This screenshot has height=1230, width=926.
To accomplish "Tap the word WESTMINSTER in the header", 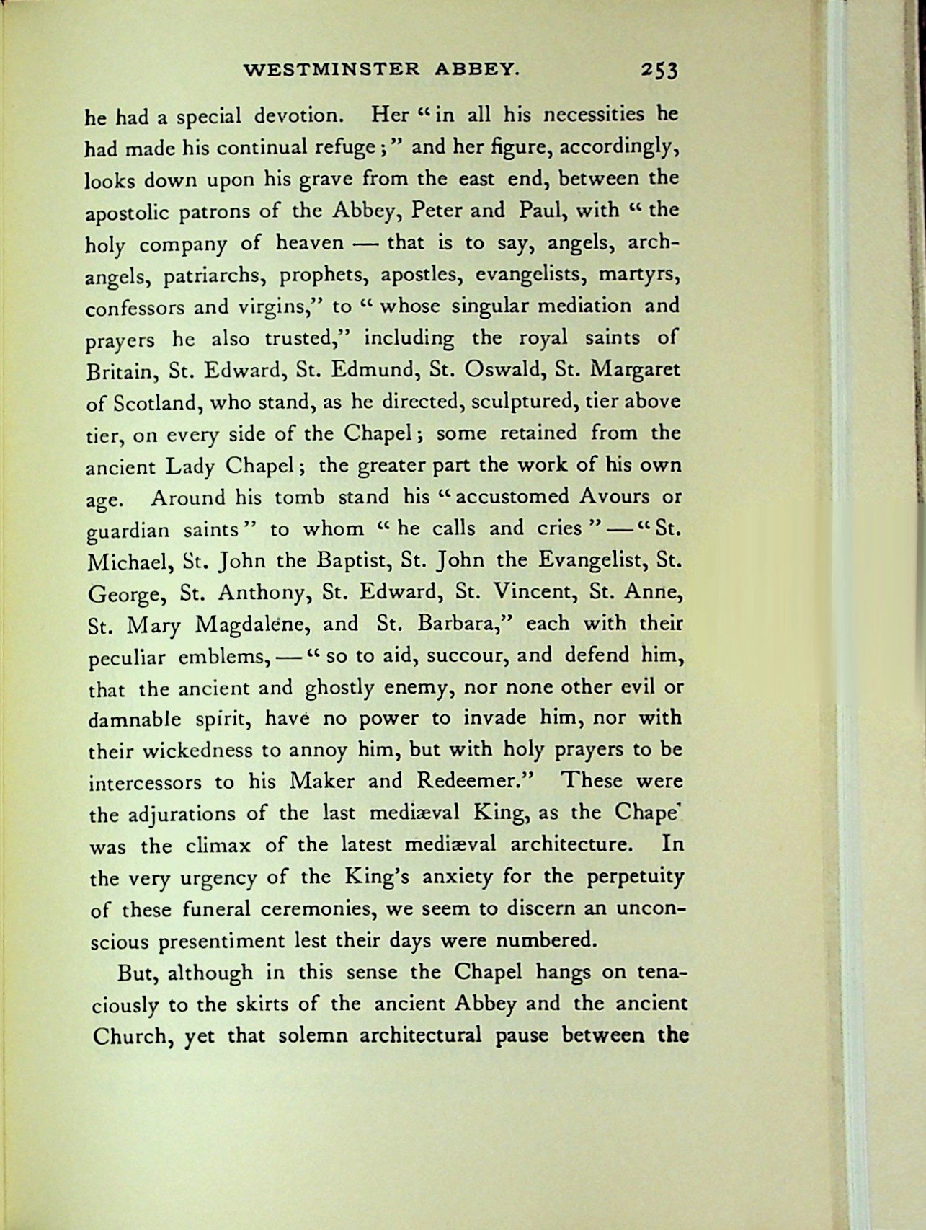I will [x=331, y=70].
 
